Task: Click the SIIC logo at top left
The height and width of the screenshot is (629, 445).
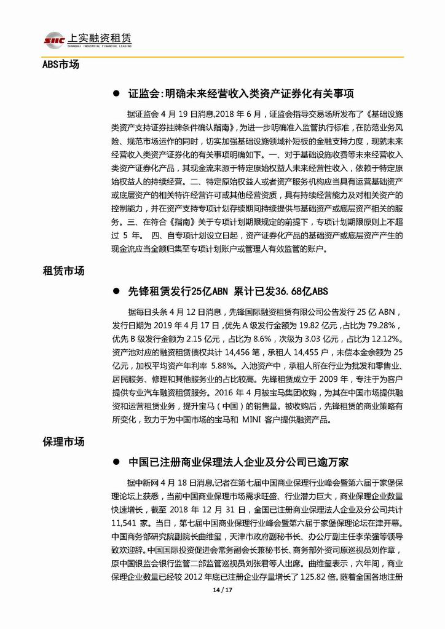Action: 54,39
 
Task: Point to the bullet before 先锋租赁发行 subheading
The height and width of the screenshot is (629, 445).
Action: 114,292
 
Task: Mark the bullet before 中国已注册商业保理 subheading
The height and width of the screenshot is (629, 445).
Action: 114,463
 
